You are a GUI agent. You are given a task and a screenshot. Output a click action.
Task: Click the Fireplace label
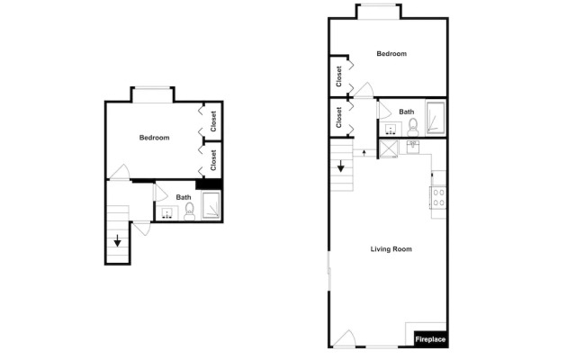click(430, 339)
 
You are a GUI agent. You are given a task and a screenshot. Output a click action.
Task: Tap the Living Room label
click(391, 249)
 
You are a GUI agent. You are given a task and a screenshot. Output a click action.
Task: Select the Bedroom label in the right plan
click(391, 54)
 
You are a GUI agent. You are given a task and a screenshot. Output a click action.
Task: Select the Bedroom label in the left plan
click(154, 138)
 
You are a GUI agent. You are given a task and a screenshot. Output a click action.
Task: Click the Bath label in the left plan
click(184, 197)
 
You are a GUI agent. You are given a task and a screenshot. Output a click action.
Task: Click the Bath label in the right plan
click(406, 112)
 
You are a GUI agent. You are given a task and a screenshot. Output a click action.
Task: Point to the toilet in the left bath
click(190, 211)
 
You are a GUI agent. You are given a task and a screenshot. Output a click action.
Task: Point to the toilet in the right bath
click(413, 128)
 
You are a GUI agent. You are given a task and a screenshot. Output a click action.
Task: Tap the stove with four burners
click(438, 198)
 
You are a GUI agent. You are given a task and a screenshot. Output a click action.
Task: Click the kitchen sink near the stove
click(413, 147)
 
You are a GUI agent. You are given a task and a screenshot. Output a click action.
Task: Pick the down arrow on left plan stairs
click(118, 240)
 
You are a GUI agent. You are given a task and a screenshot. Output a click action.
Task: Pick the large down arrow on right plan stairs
click(341, 166)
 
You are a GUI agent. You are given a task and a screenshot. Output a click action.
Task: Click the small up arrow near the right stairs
click(364, 152)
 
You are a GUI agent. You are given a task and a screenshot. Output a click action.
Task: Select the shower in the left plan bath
click(211, 204)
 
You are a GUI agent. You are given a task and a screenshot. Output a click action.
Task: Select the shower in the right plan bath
click(436, 118)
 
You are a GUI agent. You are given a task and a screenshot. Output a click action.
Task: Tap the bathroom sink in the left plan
click(167, 213)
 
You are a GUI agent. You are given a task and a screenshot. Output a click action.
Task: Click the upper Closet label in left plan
click(213, 121)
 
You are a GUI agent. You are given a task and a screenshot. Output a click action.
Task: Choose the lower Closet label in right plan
click(338, 118)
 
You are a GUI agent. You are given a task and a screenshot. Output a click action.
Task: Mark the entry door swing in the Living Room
click(346, 338)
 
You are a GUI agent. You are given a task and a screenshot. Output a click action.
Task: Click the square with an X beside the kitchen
click(389, 148)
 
